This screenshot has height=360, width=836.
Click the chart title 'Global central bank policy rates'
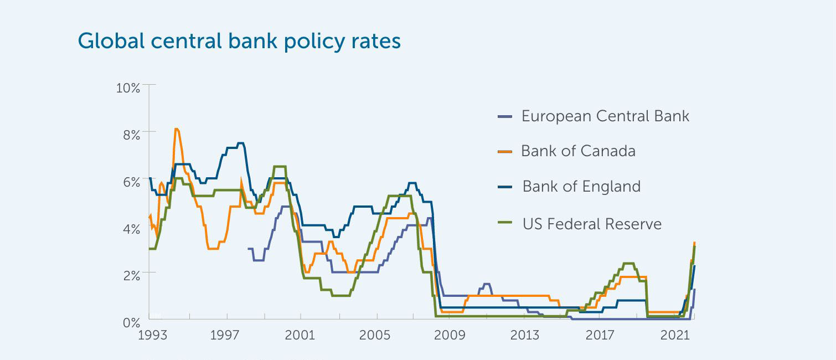tap(239, 42)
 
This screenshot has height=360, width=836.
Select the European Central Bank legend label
tap(605, 116)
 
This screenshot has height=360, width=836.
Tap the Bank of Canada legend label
tap(578, 151)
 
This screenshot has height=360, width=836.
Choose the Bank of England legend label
tap(581, 187)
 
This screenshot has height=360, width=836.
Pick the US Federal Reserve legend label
tap(592, 224)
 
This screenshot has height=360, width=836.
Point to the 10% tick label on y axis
tap(128, 88)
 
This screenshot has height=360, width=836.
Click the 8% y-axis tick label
tap(131, 135)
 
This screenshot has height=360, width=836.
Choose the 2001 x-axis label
tap(300, 336)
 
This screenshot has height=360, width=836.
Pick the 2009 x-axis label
tap(450, 336)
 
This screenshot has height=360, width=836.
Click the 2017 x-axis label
tap(600, 336)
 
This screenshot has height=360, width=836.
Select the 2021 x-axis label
tap(675, 336)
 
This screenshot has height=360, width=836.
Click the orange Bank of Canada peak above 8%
tap(176, 130)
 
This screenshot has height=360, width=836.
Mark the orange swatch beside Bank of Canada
tap(505, 152)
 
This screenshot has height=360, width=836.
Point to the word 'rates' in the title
tap(378, 42)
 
